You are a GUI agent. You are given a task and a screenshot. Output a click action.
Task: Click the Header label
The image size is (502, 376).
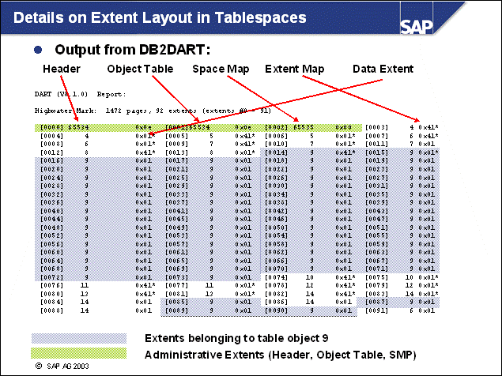(59, 70)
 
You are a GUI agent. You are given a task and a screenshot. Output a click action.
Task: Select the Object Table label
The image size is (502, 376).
(139, 70)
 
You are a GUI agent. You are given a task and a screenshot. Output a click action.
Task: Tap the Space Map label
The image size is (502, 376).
(221, 70)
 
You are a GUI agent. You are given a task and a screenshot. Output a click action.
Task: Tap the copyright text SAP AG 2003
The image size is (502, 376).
(71, 367)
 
